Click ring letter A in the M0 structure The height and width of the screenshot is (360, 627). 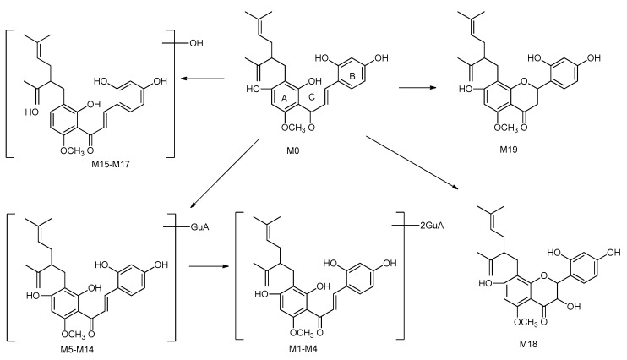[x=284, y=99]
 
